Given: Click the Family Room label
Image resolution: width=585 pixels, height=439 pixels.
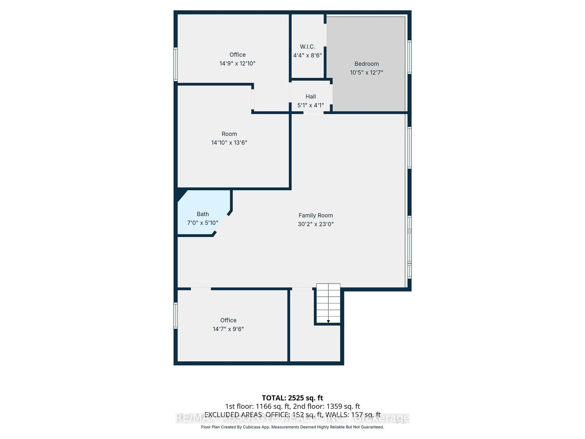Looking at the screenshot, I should tap(316, 215).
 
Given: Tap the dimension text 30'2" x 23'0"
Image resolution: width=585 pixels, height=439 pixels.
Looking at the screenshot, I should tap(316, 224).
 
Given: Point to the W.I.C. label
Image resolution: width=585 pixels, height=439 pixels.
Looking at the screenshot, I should tap(307, 47).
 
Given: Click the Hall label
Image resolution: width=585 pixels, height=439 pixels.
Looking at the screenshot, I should tap(310, 97).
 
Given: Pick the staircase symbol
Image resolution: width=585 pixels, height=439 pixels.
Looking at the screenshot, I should tap(328, 303).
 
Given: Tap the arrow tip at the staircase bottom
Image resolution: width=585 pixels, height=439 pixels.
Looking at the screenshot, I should tap(328, 321).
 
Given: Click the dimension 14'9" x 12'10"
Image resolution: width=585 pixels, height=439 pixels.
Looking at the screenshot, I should tap(237, 64).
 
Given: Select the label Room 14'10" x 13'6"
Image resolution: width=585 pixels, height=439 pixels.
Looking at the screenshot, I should tap(229, 138).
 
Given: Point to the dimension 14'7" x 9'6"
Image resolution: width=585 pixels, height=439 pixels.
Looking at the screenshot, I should tap(228, 329).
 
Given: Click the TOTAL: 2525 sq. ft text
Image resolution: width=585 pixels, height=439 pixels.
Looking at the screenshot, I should tap(292, 398).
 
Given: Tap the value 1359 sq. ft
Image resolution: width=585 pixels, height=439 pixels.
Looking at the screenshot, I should tap(343, 406).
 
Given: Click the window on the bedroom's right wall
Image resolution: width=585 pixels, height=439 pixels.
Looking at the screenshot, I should tap(409, 57).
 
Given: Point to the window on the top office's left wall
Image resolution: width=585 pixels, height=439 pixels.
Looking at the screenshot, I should tap(175, 64).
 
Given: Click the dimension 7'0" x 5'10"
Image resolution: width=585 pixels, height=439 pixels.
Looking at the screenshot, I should tap(203, 223).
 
